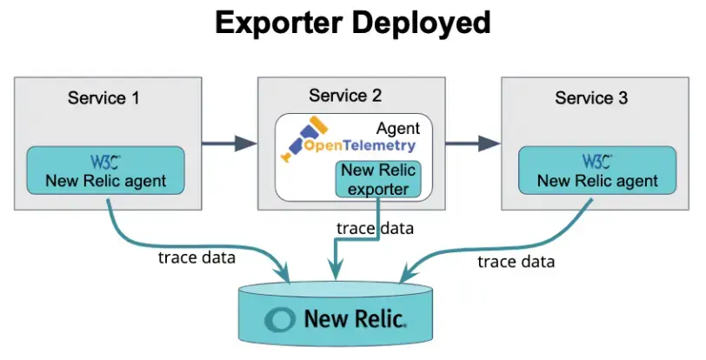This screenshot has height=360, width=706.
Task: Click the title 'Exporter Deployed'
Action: click(353, 23)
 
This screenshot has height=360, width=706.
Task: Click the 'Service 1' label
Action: click(103, 97)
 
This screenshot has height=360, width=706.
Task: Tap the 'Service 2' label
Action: click(345, 95)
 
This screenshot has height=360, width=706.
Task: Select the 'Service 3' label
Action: click(591, 97)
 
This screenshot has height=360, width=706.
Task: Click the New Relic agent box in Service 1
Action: click(106, 170)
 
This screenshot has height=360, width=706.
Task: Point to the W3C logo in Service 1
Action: click(105, 161)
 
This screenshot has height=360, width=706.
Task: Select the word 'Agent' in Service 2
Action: click(399, 127)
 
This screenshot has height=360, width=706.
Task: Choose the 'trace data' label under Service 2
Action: click(375, 229)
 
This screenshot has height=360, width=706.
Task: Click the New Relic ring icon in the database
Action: click(280, 319)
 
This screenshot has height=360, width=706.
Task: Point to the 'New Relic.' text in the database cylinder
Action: click(355, 319)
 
